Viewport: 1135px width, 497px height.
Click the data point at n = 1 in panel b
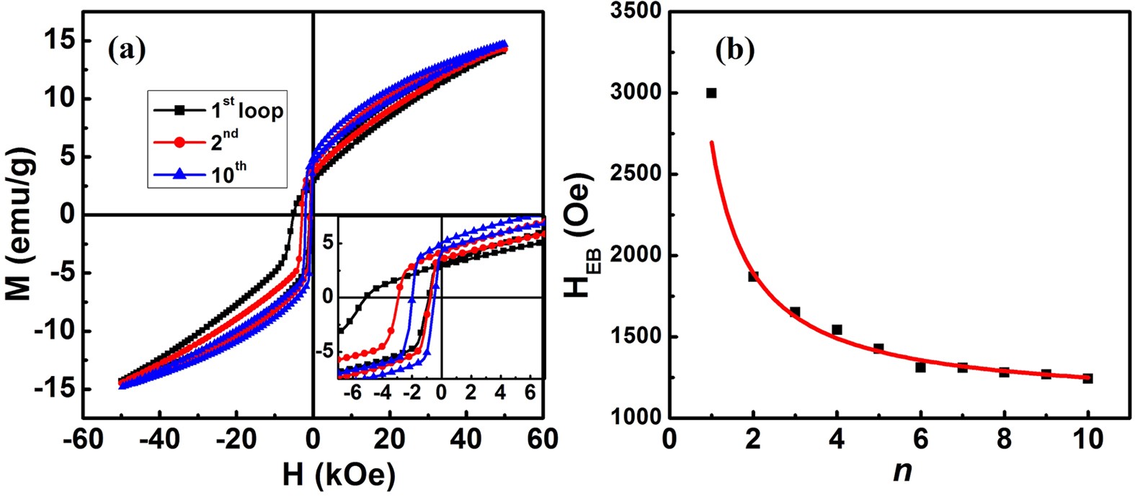(x=711, y=93)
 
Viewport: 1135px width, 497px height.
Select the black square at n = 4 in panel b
(x=837, y=330)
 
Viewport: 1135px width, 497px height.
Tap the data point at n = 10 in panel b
(x=1088, y=378)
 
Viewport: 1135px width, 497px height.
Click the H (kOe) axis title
(x=314, y=475)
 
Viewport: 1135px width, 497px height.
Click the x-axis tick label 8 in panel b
(x=1004, y=439)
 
